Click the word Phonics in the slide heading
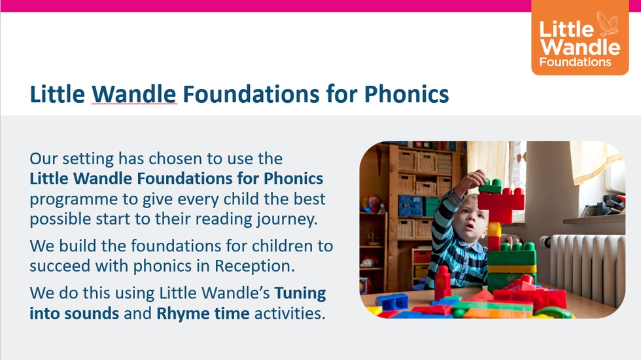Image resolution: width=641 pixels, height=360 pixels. (406, 94)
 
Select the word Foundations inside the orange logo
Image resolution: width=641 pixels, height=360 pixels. (575, 62)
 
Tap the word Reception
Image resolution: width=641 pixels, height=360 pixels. (254, 266)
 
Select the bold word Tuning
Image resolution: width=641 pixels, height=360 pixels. (300, 294)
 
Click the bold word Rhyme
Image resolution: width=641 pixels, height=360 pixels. (183, 314)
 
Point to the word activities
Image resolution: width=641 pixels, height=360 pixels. (290, 314)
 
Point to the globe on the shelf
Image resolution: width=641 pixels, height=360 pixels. (372, 203)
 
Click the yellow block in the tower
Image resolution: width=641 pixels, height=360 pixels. (494, 229)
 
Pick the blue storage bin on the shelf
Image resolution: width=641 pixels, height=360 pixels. (410, 206)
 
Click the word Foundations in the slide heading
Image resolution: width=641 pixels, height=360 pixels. (251, 94)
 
